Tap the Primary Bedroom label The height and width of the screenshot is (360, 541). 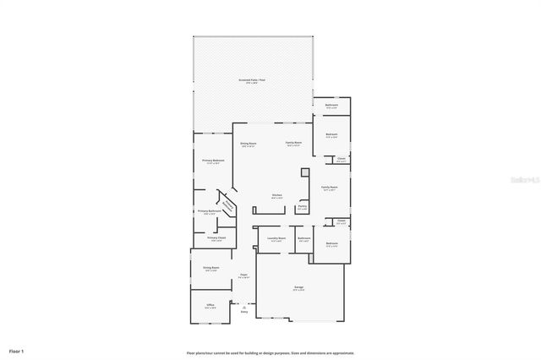[x=213, y=160]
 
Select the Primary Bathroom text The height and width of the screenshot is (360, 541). [x=210, y=211]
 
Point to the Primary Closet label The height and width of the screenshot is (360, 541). [x=216, y=238]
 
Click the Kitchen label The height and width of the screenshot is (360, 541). [x=276, y=196]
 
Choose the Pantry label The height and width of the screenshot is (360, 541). [x=302, y=207]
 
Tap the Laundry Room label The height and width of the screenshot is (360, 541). [x=276, y=238]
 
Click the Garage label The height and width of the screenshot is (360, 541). [x=299, y=288]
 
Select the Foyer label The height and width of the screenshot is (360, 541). [x=243, y=275]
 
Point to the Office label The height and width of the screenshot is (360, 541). [x=210, y=306]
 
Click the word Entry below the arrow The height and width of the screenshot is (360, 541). [x=244, y=312]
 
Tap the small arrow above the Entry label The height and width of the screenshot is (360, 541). [x=244, y=306]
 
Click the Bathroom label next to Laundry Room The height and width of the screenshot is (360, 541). [x=304, y=238]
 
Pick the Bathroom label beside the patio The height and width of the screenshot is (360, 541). [x=332, y=106]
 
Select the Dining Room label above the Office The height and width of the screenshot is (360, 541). [x=211, y=269]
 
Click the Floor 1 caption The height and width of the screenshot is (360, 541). [x=17, y=350]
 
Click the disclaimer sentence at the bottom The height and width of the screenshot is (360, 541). [x=270, y=352]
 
